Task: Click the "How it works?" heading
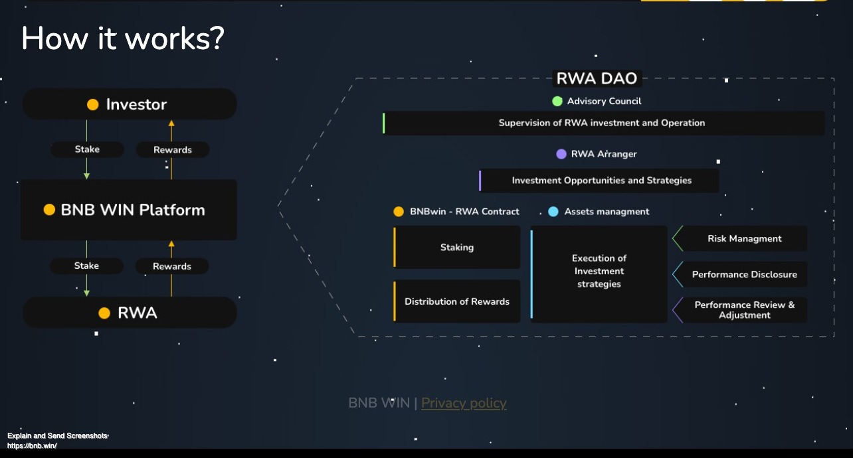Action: point(123,38)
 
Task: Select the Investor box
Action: point(130,104)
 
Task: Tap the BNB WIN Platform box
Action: point(129,210)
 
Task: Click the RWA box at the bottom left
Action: point(130,313)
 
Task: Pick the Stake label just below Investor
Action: point(87,149)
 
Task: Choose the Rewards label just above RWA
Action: point(172,266)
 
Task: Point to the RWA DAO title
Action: point(597,78)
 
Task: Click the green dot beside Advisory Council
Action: point(557,102)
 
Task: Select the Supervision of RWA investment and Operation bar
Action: point(602,123)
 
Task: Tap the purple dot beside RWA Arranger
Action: point(561,154)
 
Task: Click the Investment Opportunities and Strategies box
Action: point(601,181)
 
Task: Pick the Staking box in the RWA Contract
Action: point(457,247)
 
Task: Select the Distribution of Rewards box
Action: point(457,301)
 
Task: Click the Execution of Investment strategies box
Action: point(599,271)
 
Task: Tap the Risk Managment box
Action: point(744,238)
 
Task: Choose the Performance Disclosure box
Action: point(744,274)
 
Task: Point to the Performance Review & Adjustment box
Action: point(744,310)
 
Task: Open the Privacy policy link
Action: point(464,403)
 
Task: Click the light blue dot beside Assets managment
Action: point(553,212)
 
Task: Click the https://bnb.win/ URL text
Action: point(32,445)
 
